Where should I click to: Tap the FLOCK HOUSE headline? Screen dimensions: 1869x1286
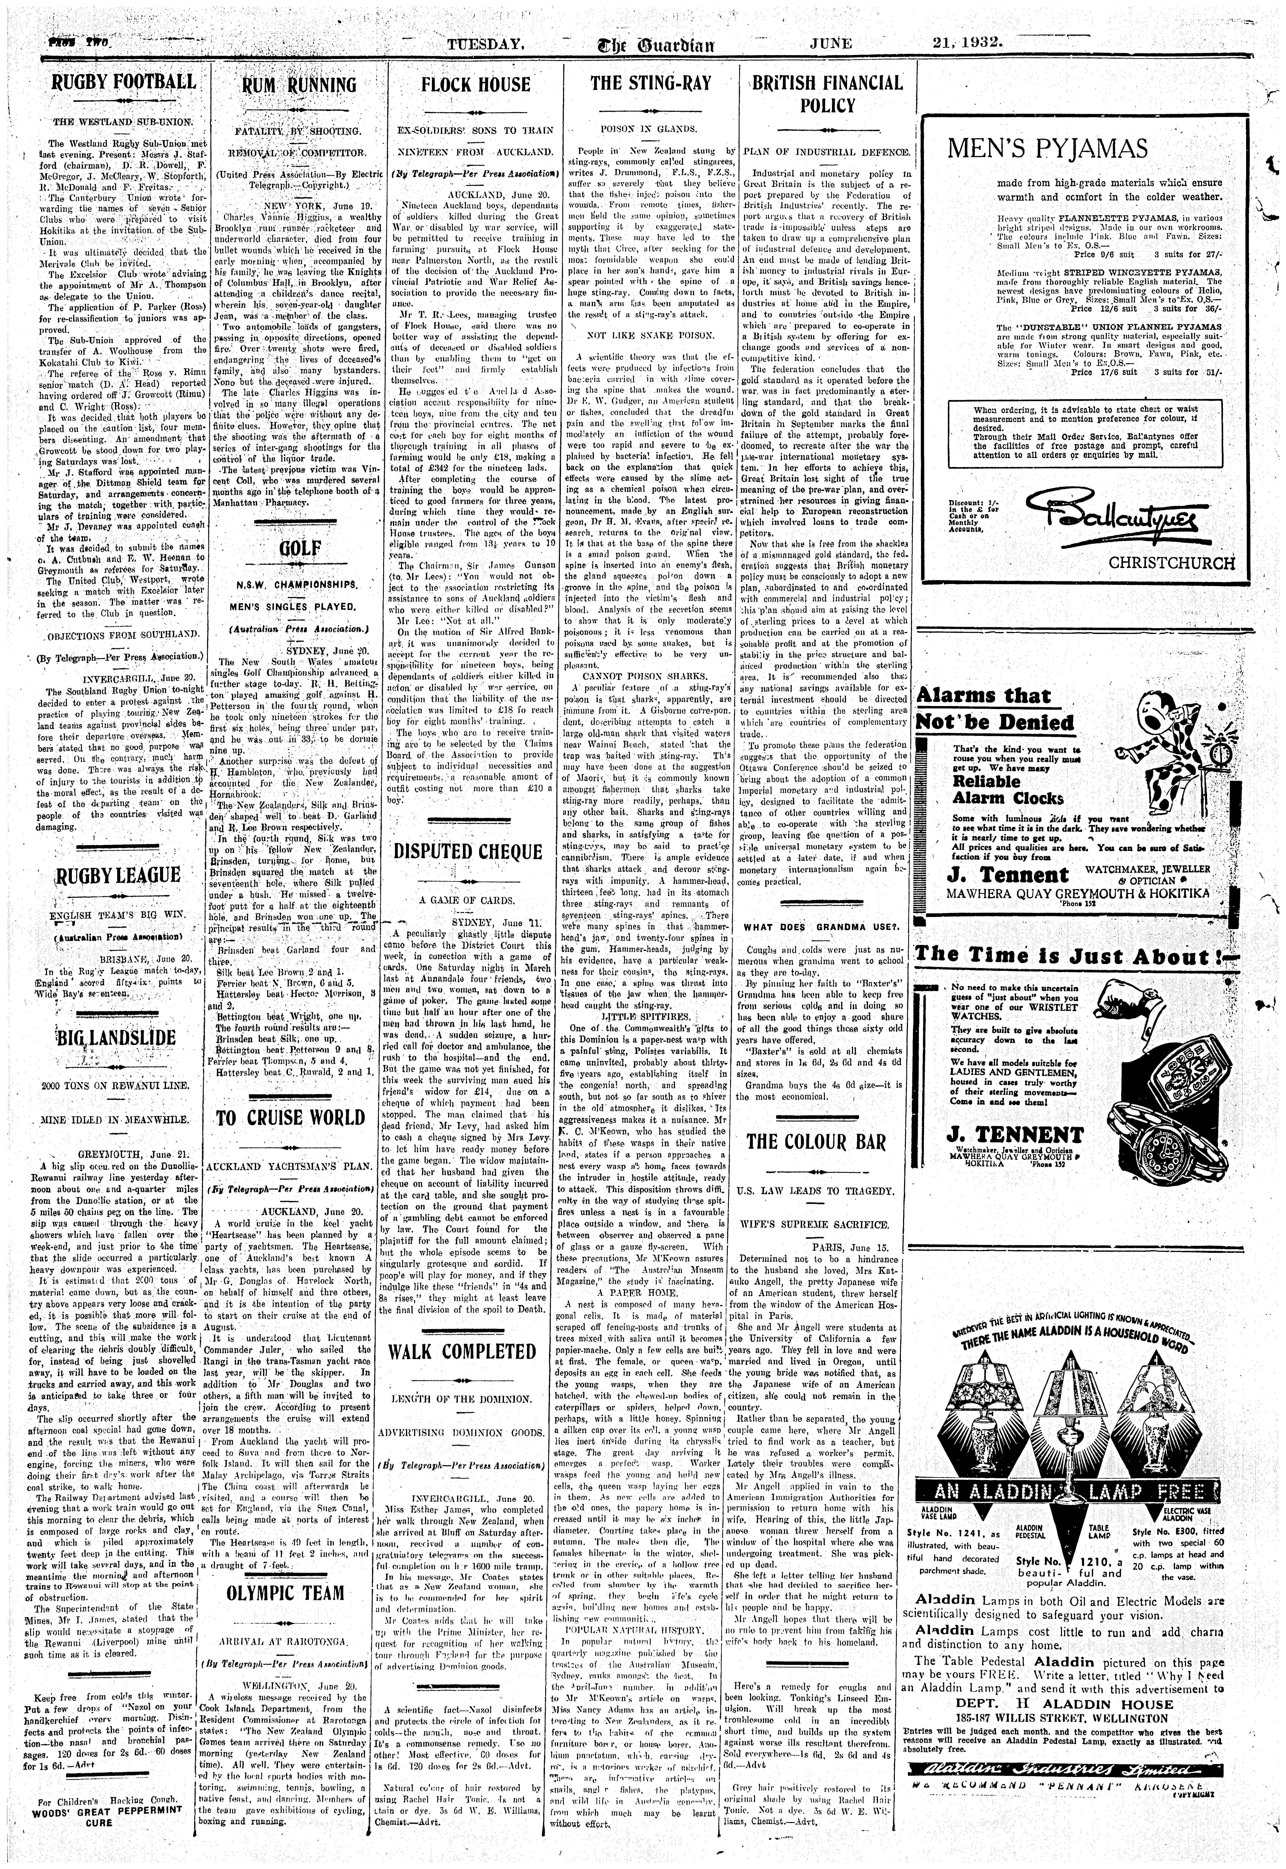475,85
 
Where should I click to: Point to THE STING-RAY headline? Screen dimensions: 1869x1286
650,83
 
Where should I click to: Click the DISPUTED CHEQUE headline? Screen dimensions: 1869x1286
475,852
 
